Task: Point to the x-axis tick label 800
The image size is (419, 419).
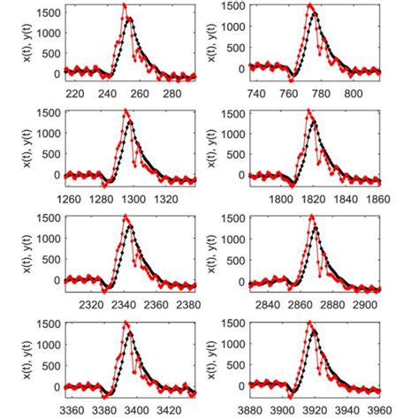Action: pos(353,91)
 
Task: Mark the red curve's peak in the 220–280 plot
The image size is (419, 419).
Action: pos(125,5)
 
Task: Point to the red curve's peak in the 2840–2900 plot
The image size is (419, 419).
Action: pos(311,217)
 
